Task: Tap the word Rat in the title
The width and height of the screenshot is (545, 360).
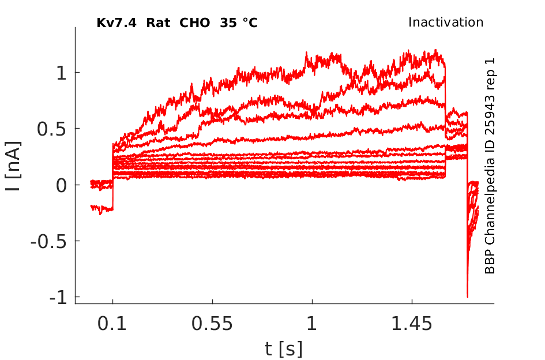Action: point(158,23)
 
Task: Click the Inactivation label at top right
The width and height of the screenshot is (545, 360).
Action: point(446,22)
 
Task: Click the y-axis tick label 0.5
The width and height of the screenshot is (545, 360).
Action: point(51,129)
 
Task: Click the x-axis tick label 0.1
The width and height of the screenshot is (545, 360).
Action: point(112,324)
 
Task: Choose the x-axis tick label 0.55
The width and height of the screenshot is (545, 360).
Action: point(212,324)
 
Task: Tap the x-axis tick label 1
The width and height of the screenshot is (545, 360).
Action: point(312,324)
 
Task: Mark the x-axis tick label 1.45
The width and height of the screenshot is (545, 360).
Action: point(412,324)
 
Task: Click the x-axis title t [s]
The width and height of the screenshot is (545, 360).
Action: point(284,348)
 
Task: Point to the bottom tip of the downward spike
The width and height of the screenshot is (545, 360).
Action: point(467,297)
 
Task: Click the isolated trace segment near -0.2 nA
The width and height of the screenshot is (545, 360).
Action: point(102,208)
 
